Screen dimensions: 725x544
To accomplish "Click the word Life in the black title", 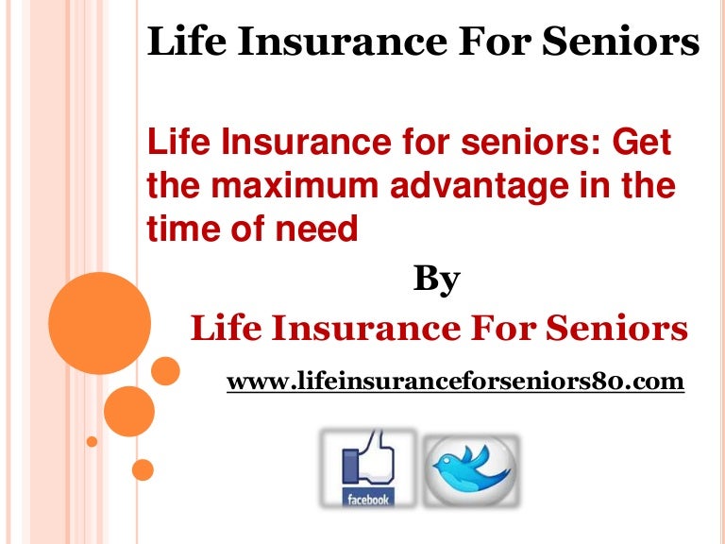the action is tap(187, 41).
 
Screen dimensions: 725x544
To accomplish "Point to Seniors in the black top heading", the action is tap(620, 41).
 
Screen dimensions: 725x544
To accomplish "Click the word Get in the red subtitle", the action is tap(642, 142).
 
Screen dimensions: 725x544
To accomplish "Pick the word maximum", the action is tap(295, 185).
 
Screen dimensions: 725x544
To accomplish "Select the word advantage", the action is tap(480, 187).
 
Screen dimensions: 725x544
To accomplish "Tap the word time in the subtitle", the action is tap(184, 228).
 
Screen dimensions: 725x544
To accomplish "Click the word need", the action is tap(317, 228).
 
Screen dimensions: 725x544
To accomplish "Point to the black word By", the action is tap(436, 280).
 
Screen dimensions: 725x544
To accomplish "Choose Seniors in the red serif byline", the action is tap(616, 328).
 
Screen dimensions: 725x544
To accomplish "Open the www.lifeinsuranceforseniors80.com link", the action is tap(455, 382).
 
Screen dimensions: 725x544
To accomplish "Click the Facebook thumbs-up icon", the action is tap(368, 468).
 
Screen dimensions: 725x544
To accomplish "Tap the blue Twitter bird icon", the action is tap(471, 470).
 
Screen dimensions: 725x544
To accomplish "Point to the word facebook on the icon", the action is tap(368, 499).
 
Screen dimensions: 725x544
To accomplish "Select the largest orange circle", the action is tap(99, 323).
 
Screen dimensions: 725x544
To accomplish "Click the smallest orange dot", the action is tap(92, 441).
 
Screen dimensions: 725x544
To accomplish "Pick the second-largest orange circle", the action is tap(129, 411).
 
